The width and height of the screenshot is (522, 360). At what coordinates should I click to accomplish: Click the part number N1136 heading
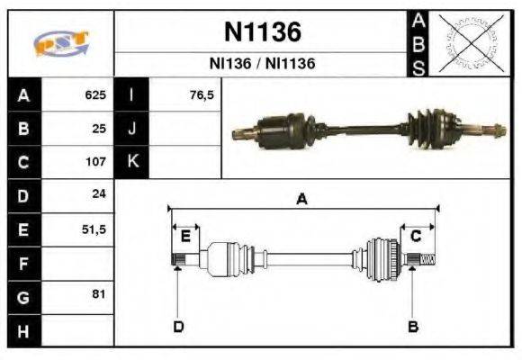click(262, 32)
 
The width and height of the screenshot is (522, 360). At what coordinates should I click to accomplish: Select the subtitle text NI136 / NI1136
click(262, 65)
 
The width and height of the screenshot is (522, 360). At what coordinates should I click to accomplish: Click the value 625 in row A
click(95, 94)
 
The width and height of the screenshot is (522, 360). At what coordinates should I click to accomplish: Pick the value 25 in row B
click(99, 128)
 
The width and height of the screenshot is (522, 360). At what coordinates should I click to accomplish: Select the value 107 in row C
click(95, 162)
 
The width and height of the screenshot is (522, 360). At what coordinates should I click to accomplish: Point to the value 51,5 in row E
click(94, 229)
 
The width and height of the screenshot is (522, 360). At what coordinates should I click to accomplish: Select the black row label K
click(132, 162)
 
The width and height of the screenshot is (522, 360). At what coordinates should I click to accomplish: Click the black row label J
click(132, 128)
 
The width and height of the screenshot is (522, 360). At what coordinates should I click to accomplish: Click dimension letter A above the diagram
click(301, 200)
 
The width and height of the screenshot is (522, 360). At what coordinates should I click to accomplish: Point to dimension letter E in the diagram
click(184, 236)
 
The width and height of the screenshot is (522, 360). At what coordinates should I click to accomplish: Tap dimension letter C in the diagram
click(416, 236)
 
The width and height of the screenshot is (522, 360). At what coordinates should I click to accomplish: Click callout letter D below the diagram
click(178, 326)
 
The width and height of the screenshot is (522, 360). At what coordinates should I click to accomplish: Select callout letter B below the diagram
click(413, 326)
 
